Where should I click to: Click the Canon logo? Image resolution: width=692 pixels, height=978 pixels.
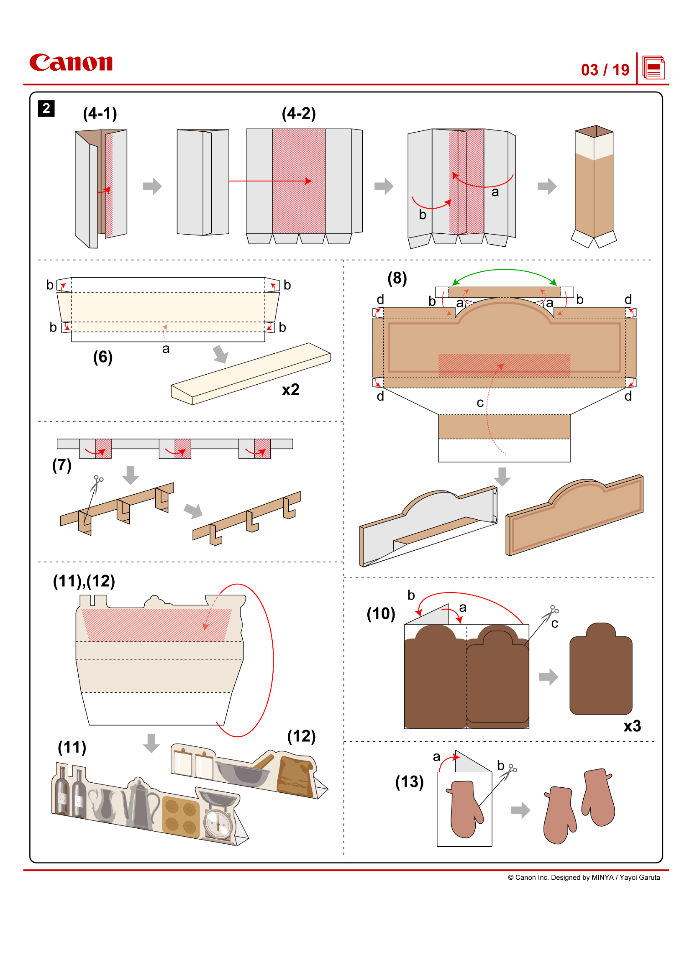click(x=71, y=63)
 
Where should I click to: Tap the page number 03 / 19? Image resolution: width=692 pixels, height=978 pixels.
click(x=605, y=70)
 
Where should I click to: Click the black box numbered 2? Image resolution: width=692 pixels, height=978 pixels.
click(x=46, y=108)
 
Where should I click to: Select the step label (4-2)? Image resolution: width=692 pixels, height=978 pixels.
click(x=298, y=114)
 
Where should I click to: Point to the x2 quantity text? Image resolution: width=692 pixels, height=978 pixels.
click(x=291, y=390)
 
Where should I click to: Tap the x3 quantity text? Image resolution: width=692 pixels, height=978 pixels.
click(x=632, y=726)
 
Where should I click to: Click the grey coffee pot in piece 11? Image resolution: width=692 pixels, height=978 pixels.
click(x=139, y=805)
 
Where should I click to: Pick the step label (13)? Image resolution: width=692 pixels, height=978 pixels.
click(x=409, y=782)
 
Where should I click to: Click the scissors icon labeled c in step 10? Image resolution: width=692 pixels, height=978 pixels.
click(x=550, y=613)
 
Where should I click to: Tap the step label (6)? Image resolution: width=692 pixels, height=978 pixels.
click(x=103, y=357)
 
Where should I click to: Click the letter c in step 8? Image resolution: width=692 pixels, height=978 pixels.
click(x=480, y=403)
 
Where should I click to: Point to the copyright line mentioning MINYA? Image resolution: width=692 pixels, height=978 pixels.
click(x=584, y=878)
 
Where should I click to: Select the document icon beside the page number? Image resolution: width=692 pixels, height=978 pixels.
click(x=654, y=68)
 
